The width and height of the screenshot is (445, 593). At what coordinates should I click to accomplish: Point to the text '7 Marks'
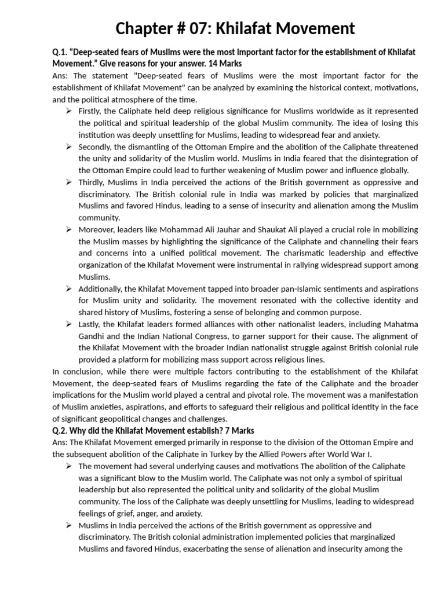tap(238, 430)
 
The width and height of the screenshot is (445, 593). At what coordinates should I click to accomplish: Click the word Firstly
tap(92, 111)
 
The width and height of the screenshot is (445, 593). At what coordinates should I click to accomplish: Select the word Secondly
tap(97, 147)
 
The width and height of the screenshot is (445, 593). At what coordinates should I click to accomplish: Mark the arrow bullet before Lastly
tap(68, 324)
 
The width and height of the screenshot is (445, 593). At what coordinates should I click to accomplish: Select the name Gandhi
tap(93, 336)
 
